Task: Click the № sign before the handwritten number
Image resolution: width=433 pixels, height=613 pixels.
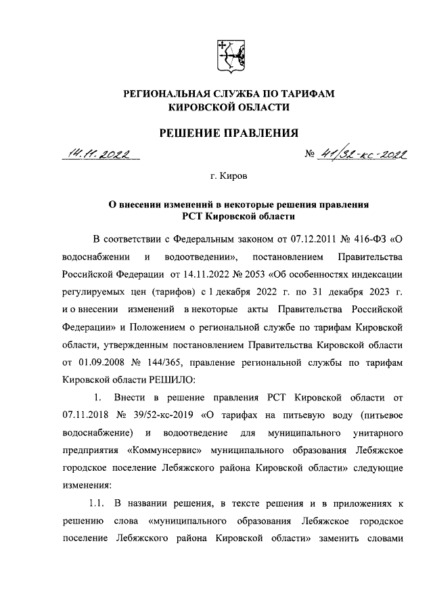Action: click(x=311, y=156)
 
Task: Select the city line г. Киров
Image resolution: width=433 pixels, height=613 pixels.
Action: click(x=229, y=177)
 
